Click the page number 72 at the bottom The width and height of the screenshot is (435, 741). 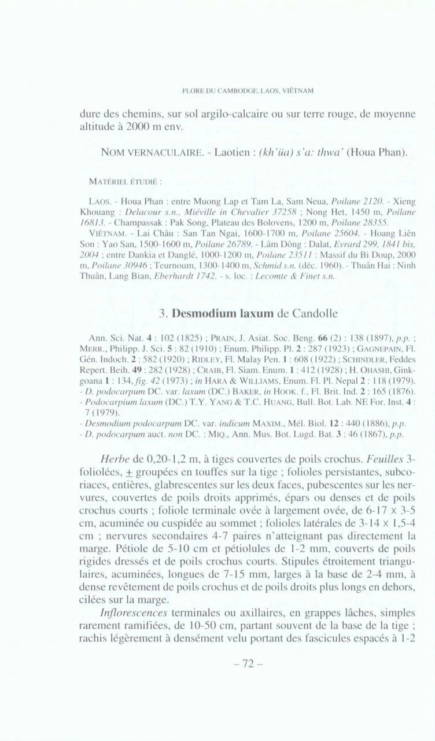pos(248,664)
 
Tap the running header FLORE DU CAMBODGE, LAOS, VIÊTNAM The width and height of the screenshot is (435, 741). pos(248,91)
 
